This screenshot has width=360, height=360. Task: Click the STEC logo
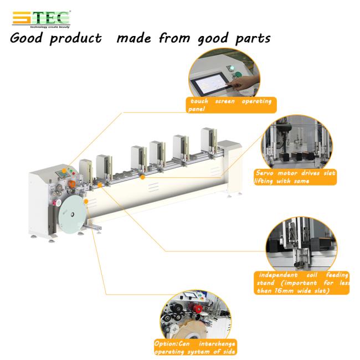(42, 19)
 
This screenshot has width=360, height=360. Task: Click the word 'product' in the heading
(75, 38)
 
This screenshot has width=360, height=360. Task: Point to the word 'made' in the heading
(134, 38)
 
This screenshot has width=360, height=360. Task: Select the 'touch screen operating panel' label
(231, 105)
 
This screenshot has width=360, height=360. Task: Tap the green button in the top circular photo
(239, 74)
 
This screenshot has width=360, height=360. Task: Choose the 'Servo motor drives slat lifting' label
(295, 177)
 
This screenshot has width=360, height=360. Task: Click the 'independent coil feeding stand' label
(301, 283)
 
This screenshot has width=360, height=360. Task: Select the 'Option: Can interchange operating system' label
(195, 347)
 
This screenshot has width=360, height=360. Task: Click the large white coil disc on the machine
(73, 215)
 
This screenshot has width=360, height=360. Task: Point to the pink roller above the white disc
(55, 203)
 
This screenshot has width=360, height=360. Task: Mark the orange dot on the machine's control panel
(64, 171)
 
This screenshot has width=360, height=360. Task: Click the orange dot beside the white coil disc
(86, 202)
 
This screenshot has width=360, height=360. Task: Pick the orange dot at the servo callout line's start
(142, 177)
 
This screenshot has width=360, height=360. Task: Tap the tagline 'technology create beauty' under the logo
(50, 27)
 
